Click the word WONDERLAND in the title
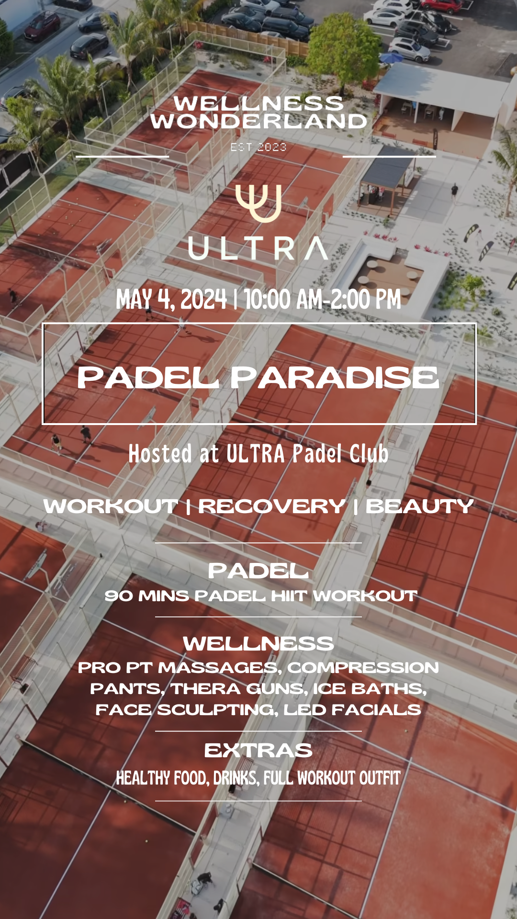tap(258, 121)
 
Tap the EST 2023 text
tap(258, 147)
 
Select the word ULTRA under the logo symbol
tap(258, 248)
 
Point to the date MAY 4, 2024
tap(171, 300)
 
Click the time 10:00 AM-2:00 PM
tap(323, 300)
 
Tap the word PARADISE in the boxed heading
tap(335, 378)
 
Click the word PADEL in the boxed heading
tap(148, 378)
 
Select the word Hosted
tap(160, 454)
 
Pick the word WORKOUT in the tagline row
tap(111, 506)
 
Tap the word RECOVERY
tap(272, 506)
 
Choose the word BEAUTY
tap(419, 506)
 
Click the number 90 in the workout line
tap(119, 596)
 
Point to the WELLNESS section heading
tap(258, 644)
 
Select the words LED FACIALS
tap(352, 709)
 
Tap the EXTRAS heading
tap(258, 751)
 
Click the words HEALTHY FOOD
tap(163, 778)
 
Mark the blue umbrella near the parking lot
tap(391, 58)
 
